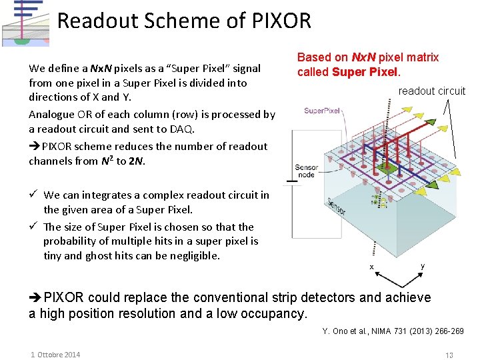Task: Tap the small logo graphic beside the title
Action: pyautogui.click(x=25, y=23)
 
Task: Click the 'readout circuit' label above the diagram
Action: pyautogui.click(x=432, y=91)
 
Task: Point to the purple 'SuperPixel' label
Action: pyautogui.click(x=323, y=111)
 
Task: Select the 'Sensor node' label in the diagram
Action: pyautogui.click(x=307, y=172)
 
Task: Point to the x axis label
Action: pyautogui.click(x=371, y=267)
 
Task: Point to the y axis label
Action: pyautogui.click(x=422, y=266)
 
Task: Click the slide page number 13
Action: pyautogui.click(x=449, y=355)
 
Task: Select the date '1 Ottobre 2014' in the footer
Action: pyautogui.click(x=55, y=355)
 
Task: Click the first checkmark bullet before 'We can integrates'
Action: pyautogui.click(x=33, y=195)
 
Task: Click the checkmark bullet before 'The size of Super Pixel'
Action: pyautogui.click(x=33, y=227)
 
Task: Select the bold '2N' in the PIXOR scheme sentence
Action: pyautogui.click(x=136, y=161)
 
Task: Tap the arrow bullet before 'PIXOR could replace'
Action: pyautogui.click(x=35, y=298)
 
